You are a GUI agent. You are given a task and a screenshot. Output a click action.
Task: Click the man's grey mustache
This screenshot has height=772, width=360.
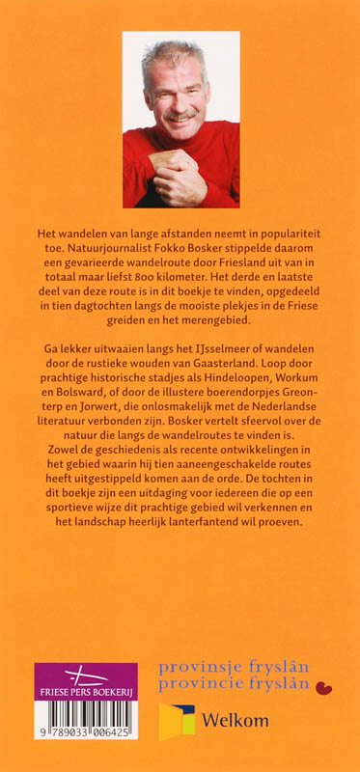click(x=179, y=113)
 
